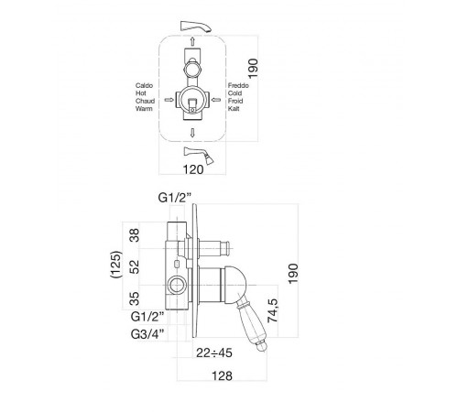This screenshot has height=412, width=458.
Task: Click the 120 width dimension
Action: coord(193,169)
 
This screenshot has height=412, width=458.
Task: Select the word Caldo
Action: coord(144,86)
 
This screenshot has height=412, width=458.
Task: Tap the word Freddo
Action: coord(238,86)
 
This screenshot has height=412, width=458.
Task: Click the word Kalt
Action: coord(234,109)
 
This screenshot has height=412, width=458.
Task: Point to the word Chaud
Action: coord(145,101)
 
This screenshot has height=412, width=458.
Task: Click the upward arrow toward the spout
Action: coord(192,41)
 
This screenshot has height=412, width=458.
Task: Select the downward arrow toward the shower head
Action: coord(192,133)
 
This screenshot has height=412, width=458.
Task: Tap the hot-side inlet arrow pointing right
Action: coord(169,100)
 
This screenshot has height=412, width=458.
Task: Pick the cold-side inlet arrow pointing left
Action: coord(216,100)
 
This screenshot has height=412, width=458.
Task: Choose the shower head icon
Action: coord(199,156)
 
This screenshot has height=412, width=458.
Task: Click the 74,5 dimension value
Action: coord(273,311)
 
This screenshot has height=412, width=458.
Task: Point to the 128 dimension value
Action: coord(222,376)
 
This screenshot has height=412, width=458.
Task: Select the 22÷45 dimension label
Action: coord(214,352)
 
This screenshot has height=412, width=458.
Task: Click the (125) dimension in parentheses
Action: coord(116,265)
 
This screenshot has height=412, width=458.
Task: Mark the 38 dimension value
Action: coord(135,235)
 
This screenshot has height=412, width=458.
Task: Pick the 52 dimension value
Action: coord(135,267)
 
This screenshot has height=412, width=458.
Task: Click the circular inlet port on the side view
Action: coord(177,286)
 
